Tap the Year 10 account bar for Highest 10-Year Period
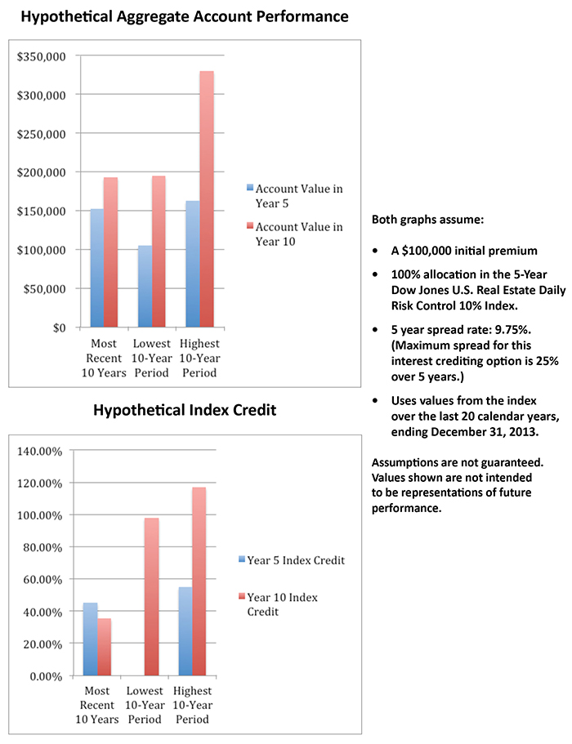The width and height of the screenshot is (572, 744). (207, 199)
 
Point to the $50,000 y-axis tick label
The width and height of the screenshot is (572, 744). (44, 289)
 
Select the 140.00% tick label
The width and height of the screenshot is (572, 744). (40, 451)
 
